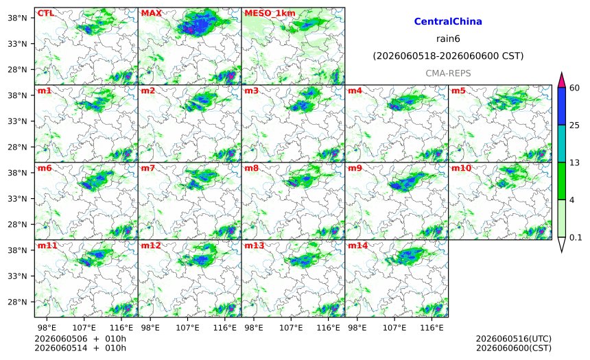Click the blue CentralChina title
448,21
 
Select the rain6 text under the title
448,39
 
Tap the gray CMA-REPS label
448,73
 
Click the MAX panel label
151,13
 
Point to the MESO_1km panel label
270,13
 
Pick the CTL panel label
45,13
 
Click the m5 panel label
458,91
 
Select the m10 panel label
461,168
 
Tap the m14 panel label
357,245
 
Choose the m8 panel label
252,168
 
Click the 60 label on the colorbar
575,88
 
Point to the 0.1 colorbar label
576,237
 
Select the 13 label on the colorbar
575,163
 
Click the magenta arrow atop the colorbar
561,80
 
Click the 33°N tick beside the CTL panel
17,44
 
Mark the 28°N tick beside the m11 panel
17,302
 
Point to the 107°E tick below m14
394,328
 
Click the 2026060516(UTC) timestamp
514,339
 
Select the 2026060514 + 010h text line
80,348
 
